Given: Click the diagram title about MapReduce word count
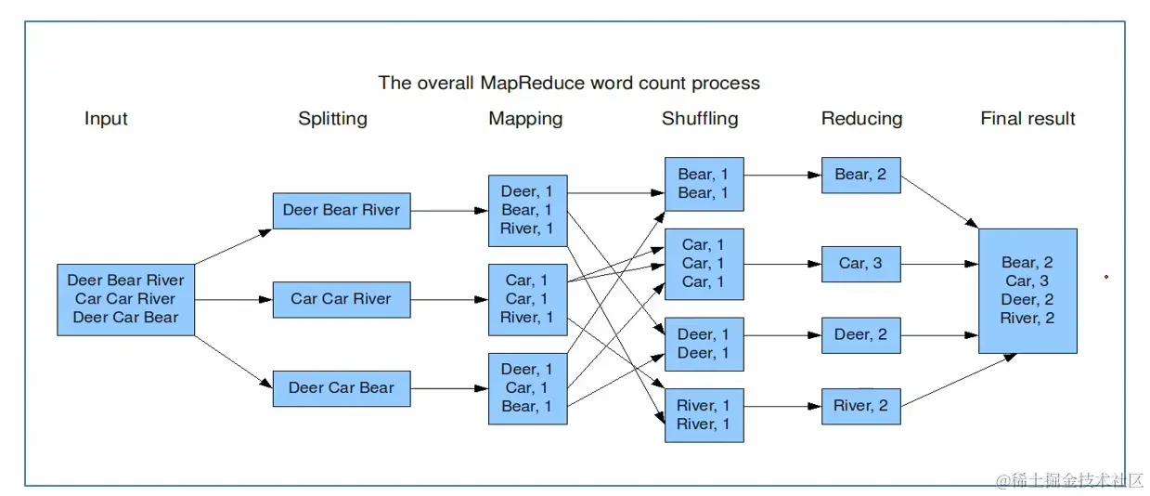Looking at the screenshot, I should tap(569, 83).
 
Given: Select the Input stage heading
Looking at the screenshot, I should tap(106, 119).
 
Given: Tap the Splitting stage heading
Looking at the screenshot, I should tap(332, 119).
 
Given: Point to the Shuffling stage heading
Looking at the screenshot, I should tap(700, 119).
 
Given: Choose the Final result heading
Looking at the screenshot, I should tap(1027, 119).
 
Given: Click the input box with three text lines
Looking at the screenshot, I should tap(125, 299).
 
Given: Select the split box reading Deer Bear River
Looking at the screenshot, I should tap(342, 211).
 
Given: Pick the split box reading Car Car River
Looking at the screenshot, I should tap(342, 299).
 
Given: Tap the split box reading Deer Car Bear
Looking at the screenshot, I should tap(342, 388).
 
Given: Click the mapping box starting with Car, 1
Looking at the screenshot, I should tap(527, 299).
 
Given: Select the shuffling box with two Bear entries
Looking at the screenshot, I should tap(704, 184).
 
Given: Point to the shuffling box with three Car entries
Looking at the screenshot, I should tap(704, 264).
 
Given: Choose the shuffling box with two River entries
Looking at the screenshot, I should tap(704, 415).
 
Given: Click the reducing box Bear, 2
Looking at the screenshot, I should tap(860, 175).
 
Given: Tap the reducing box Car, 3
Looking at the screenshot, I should tap(860, 264).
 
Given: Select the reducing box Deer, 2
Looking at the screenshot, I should tap(860, 335).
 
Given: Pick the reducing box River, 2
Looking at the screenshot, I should tap(860, 406).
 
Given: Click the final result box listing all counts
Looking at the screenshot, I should tap(1027, 291).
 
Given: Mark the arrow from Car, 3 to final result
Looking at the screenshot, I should tap(939, 264).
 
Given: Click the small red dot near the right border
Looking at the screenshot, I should tap(1105, 277).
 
